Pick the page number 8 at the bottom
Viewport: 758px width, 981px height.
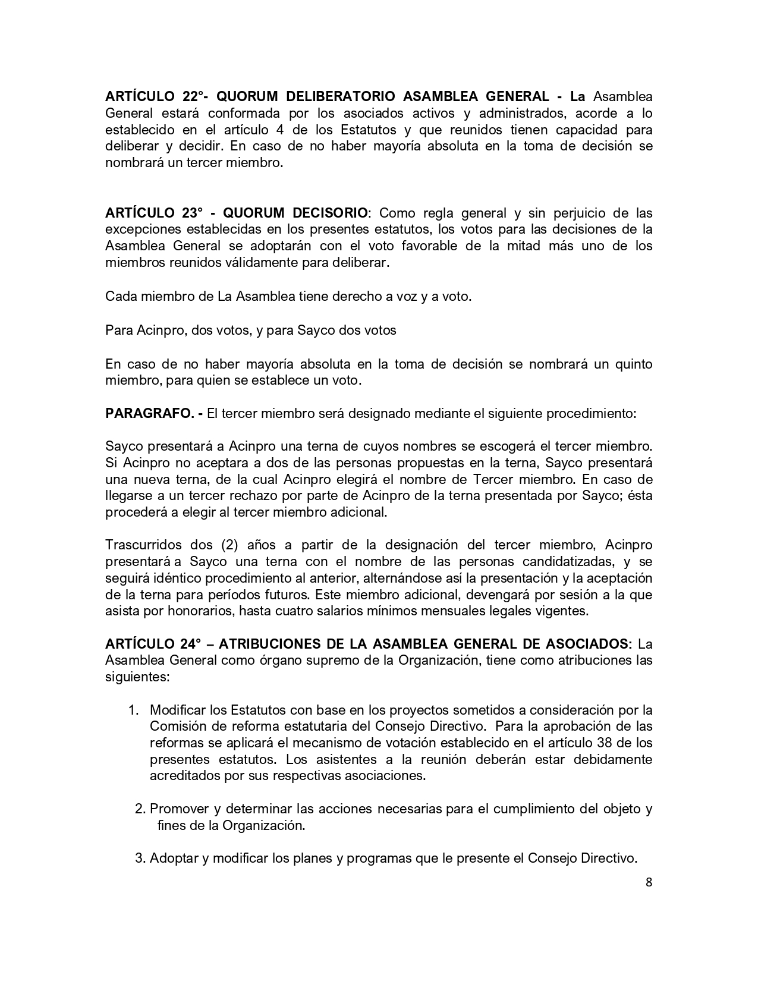coord(649,882)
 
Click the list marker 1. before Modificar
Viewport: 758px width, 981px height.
coord(134,710)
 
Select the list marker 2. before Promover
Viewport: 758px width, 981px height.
coord(140,809)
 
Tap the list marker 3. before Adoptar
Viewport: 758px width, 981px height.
coord(140,859)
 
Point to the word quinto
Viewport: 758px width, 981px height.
coord(633,364)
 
